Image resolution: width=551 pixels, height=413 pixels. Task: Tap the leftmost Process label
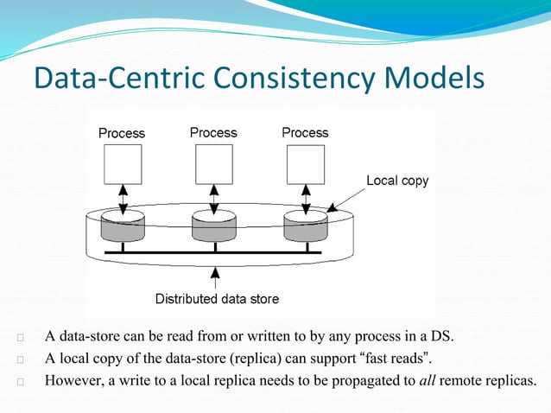pyautogui.click(x=122, y=133)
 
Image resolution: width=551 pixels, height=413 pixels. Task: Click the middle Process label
pyautogui.click(x=213, y=132)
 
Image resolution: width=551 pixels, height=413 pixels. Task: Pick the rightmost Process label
pyautogui.click(x=305, y=132)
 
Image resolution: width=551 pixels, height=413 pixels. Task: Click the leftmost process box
pyautogui.click(x=122, y=164)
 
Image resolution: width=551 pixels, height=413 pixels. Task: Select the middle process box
pyautogui.click(x=213, y=164)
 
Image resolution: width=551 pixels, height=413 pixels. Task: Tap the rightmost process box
pyautogui.click(x=305, y=164)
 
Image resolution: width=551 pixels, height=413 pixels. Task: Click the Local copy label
pyautogui.click(x=397, y=181)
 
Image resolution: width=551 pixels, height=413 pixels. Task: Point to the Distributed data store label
pyautogui.click(x=217, y=299)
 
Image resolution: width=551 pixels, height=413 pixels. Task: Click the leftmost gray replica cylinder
pyautogui.click(x=122, y=227)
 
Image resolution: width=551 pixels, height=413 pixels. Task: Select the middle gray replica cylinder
pyautogui.click(x=213, y=227)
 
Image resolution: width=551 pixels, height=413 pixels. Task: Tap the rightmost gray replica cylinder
pyautogui.click(x=305, y=227)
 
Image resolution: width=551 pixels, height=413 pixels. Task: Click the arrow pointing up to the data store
pyautogui.click(x=215, y=276)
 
